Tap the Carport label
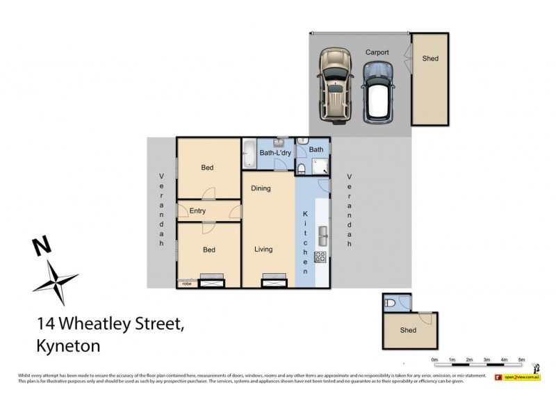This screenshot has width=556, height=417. coord(377,52)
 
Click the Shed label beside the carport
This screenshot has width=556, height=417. coord(430,59)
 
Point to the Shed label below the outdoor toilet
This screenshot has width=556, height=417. coord(408,330)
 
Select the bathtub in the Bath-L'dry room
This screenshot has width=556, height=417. coord(249,153)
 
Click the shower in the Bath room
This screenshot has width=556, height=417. coord(320,165)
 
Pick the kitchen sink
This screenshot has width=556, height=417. coord(322,232)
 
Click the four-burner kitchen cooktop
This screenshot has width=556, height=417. coord(321,256)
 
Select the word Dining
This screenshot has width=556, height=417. coord(261,188)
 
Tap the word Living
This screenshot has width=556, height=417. coord(263,250)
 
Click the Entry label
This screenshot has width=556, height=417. coord(197,211)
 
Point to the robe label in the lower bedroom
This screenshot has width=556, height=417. coord(186,284)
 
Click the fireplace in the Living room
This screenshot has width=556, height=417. coord(272,281)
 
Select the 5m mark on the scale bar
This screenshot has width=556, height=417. coord(521,359)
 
